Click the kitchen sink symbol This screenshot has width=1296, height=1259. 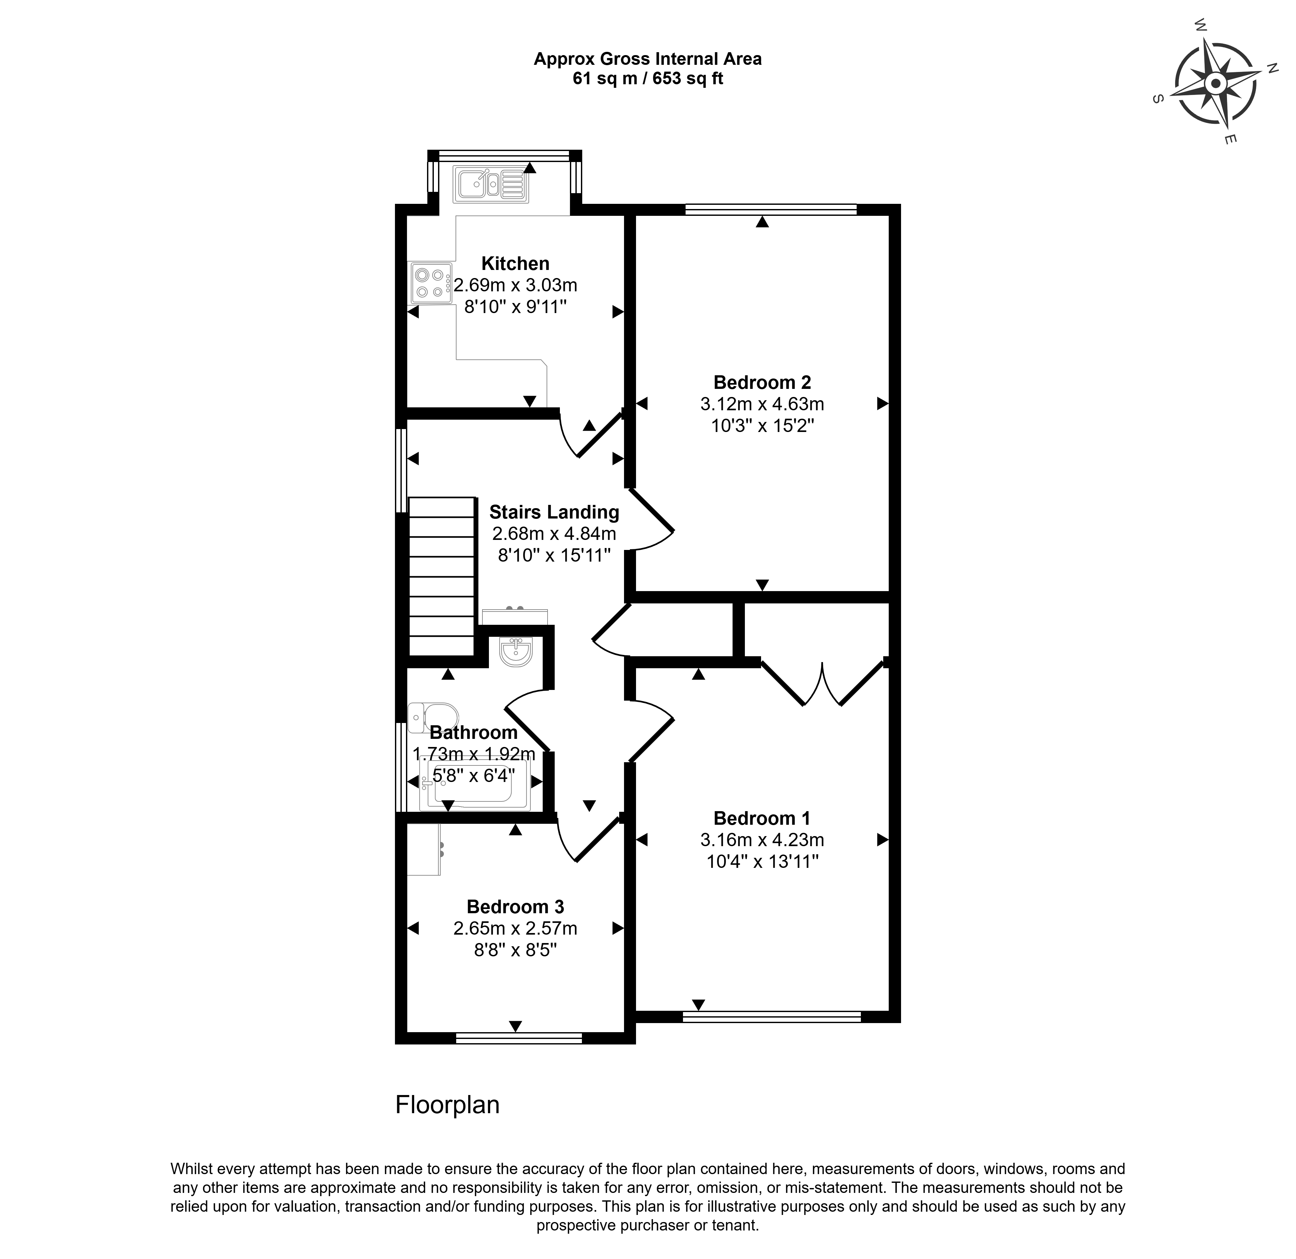(491, 184)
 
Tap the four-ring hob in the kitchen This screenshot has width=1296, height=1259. (430, 283)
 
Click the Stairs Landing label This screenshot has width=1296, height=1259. (554, 512)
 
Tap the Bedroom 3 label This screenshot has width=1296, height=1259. (515, 906)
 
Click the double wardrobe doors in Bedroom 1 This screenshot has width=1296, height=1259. (822, 684)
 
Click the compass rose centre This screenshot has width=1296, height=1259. (1215, 84)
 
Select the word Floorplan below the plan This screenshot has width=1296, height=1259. (447, 1104)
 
